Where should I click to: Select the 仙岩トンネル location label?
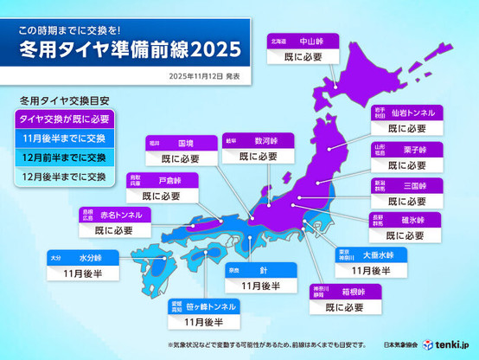click(407, 112)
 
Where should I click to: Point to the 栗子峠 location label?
click(407, 149)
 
